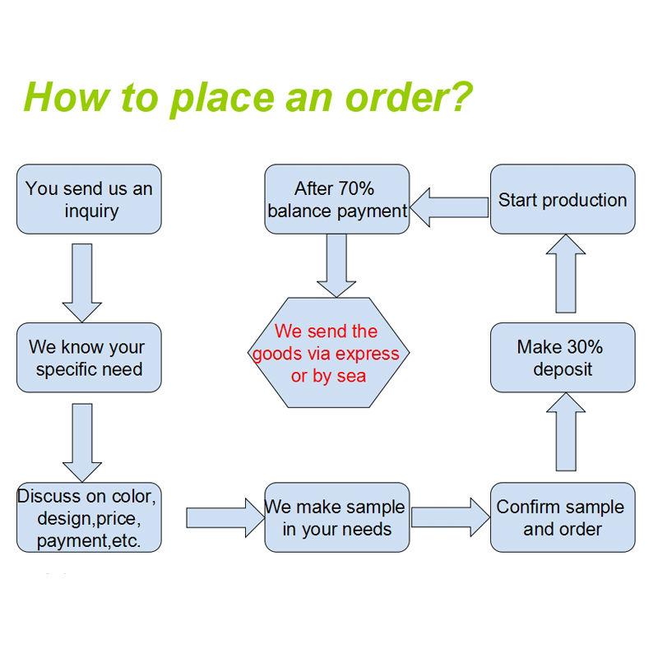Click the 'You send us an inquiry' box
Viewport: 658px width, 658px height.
[x=89, y=199]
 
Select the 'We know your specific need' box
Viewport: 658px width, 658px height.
[x=89, y=358]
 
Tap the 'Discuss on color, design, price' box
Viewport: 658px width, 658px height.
[x=89, y=517]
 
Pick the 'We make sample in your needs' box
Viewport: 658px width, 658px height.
[x=337, y=517]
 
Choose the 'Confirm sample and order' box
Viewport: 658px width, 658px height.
[x=563, y=517]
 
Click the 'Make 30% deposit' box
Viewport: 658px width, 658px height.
[x=563, y=358]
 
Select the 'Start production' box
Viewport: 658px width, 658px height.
[x=563, y=199]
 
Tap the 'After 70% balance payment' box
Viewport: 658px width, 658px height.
[x=337, y=199]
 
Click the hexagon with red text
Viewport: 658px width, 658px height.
[x=328, y=353]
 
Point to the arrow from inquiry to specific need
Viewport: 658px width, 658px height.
[x=81, y=283]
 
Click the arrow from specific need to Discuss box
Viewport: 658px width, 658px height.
[x=81, y=443]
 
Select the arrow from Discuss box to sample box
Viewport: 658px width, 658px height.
[x=225, y=518]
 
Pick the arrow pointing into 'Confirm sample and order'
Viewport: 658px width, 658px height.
[x=451, y=517]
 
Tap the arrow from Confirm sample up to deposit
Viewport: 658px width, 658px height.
[x=566, y=432]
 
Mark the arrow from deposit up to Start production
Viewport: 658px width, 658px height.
[x=566, y=274]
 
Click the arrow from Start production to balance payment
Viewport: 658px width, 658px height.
[x=449, y=207]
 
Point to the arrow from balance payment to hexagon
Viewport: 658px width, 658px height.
[x=336, y=266]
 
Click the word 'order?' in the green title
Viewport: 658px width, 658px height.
[x=408, y=97]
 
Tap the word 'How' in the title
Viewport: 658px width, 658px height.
[x=67, y=97]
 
